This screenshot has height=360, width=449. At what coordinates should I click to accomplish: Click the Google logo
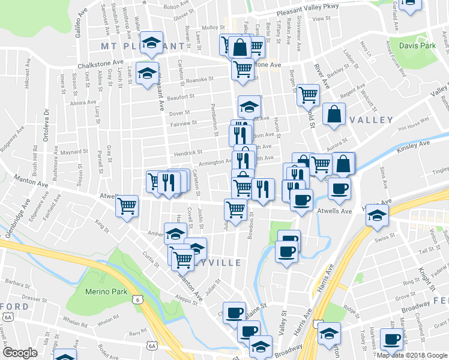[x=20, y=353]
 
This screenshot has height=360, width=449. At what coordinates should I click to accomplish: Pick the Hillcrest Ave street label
[x=27, y=94]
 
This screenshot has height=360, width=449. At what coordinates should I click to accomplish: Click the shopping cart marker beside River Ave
[x=308, y=94]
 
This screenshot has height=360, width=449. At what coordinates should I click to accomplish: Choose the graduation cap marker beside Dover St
[x=249, y=106]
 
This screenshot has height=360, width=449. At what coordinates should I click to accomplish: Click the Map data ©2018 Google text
[x=411, y=355]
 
